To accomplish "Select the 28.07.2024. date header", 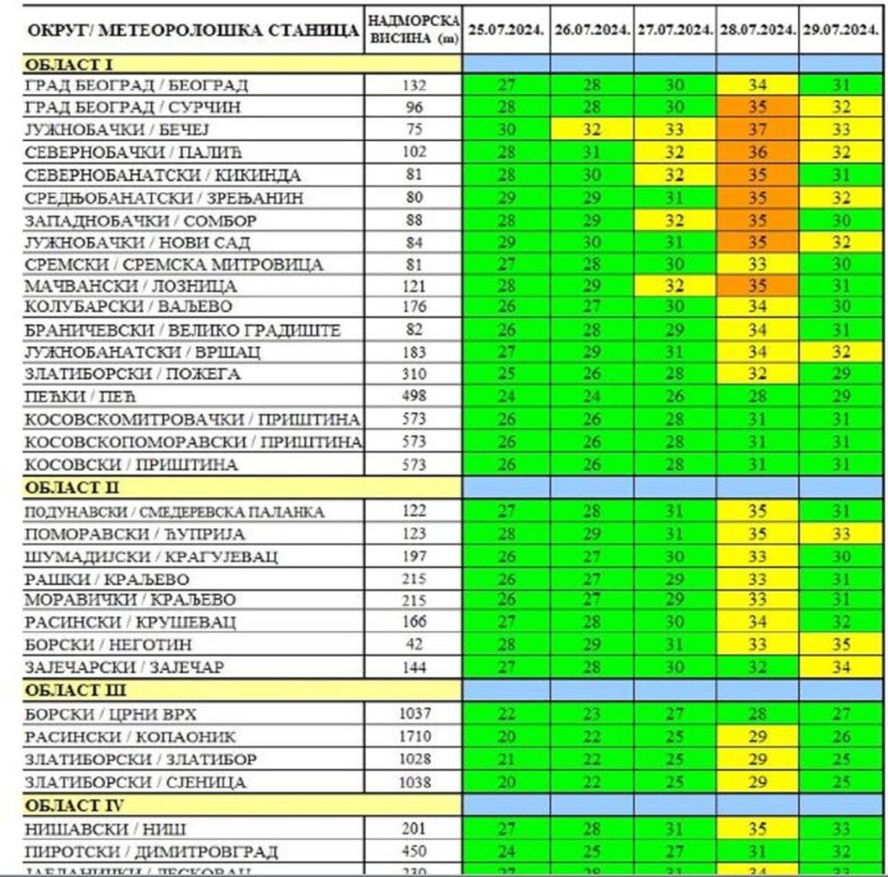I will click(757, 29).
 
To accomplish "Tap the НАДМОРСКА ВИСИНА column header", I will click(413, 29).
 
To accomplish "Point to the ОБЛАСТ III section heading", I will click(75, 691).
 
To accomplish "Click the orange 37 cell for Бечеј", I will click(757, 130).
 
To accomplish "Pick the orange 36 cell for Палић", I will click(757, 152).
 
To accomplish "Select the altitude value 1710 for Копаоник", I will click(413, 737).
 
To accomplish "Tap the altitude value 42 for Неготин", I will click(413, 644).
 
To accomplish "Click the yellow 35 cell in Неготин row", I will click(841, 644).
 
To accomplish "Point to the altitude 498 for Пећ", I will click(413, 397).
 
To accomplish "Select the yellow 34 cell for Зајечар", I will click(841, 667).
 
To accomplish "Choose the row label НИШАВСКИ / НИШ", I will click(105, 829).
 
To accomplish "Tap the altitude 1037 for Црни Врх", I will click(413, 714).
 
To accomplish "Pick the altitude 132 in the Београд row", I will click(413, 85).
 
